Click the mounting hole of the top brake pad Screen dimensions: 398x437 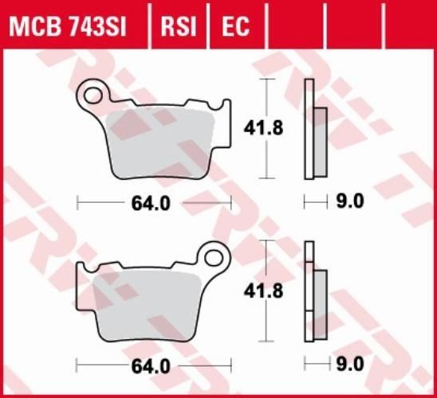pyautogui.click(x=92, y=96)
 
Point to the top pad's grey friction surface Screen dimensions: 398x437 pyautogui.click(x=163, y=143)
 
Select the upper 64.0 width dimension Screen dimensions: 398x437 pyautogui.click(x=152, y=203)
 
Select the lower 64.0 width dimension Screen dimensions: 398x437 pyautogui.click(x=152, y=366)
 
